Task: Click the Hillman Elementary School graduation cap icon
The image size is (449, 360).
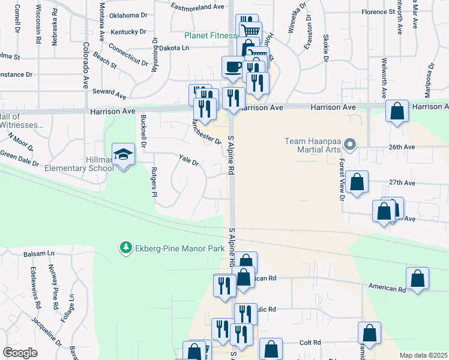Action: click(124, 155)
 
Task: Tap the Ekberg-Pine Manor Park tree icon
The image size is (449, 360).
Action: click(125, 247)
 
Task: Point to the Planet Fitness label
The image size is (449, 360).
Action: click(210, 36)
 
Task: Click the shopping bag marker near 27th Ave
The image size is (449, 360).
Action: click(357, 183)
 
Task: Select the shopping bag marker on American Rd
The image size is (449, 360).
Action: click(417, 279)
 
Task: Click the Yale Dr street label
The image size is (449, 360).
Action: click(188, 161)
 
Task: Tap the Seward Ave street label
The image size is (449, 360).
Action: click(109, 95)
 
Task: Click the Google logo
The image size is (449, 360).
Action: click(20, 353)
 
